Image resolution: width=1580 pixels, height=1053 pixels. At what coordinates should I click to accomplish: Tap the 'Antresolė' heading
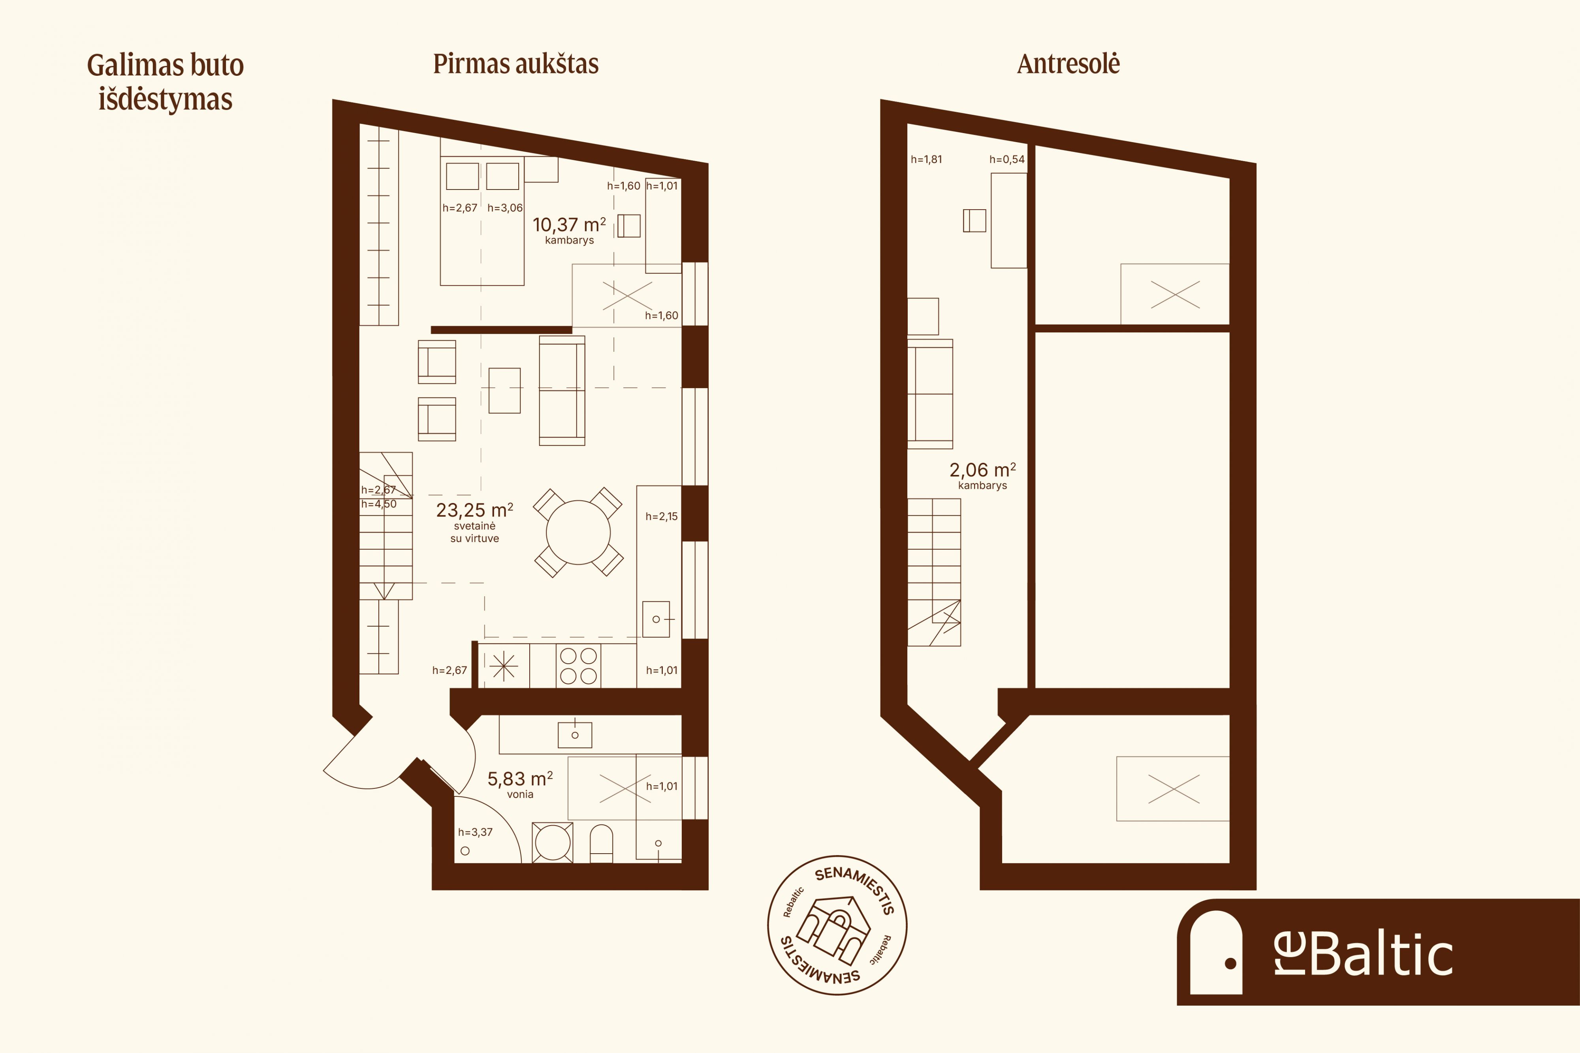tap(1068, 64)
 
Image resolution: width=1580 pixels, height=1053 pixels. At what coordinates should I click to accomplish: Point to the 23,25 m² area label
tap(474, 511)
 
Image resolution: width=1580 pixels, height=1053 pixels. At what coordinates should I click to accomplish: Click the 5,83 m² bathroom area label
tap(520, 779)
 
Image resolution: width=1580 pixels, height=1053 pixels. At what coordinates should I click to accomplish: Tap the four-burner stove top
tap(578, 666)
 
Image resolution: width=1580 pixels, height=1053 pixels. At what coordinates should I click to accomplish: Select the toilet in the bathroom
tap(601, 843)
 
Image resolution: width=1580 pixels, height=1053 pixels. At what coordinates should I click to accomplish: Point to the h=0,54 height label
tap(1007, 159)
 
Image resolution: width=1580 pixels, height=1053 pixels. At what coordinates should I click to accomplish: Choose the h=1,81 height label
tap(926, 159)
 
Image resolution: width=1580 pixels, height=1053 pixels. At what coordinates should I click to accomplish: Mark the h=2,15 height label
tap(662, 516)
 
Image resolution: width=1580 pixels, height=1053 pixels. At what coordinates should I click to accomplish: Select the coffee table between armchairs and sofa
tap(504, 390)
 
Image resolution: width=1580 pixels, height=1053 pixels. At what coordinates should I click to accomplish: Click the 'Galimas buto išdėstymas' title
tap(165, 82)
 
